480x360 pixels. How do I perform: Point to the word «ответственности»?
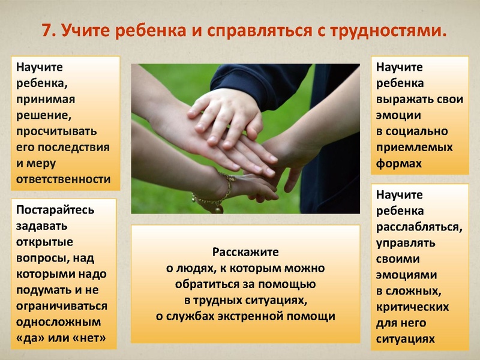tap(64, 178)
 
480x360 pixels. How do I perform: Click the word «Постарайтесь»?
tap(55, 211)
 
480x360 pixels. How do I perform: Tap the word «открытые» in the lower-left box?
tap(44, 242)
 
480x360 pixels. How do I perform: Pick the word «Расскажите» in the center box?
tap(245, 252)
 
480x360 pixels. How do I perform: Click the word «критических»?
tap(413, 307)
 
